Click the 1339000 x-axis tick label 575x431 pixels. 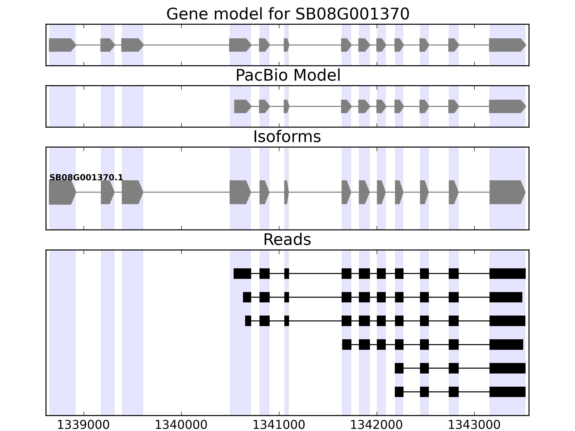tap(83, 425)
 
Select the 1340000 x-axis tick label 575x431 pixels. tap(181, 425)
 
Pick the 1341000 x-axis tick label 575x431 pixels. tap(279, 425)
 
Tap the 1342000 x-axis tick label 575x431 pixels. tap(377, 425)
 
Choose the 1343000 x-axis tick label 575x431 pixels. tap(474, 425)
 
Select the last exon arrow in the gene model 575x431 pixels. tap(507, 45)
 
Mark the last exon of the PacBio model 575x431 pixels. tap(507, 106)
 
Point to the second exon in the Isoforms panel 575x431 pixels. tap(107, 192)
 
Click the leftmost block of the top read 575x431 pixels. tap(242, 274)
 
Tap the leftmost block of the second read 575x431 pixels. tap(247, 297)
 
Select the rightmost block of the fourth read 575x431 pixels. tap(506, 344)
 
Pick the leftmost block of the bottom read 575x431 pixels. tap(399, 392)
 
